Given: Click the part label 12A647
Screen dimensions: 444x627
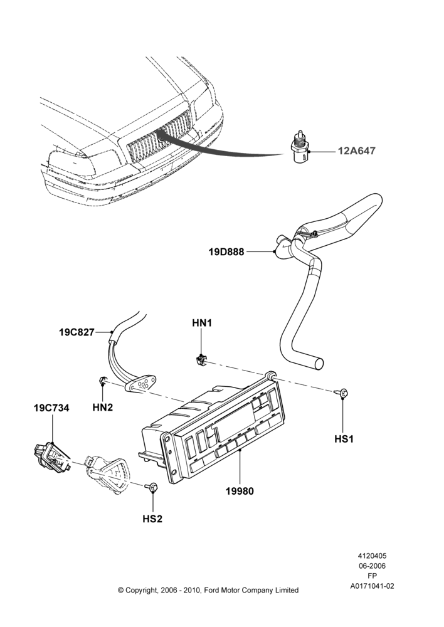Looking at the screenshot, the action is [x=357, y=151].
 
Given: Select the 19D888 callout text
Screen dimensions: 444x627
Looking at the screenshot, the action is [x=226, y=252].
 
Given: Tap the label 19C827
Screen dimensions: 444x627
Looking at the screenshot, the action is [x=77, y=332].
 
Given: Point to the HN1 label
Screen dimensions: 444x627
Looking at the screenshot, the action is [x=202, y=323].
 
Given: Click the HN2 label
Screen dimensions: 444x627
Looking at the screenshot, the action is [x=103, y=408].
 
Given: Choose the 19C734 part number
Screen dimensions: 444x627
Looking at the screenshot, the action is [x=51, y=408].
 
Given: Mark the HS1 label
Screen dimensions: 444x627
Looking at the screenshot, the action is [x=344, y=439].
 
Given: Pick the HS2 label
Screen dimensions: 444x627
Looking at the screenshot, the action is [x=152, y=519].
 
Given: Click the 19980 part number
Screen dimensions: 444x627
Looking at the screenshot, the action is [x=240, y=491].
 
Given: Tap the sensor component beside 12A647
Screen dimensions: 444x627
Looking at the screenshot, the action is [x=300, y=150].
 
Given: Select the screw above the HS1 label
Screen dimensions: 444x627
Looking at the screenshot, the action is [x=342, y=394].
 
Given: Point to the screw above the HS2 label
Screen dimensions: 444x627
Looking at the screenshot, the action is [x=152, y=487].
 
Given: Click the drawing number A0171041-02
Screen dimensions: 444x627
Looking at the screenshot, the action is [x=372, y=586].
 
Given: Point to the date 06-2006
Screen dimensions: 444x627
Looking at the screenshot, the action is [x=372, y=566].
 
